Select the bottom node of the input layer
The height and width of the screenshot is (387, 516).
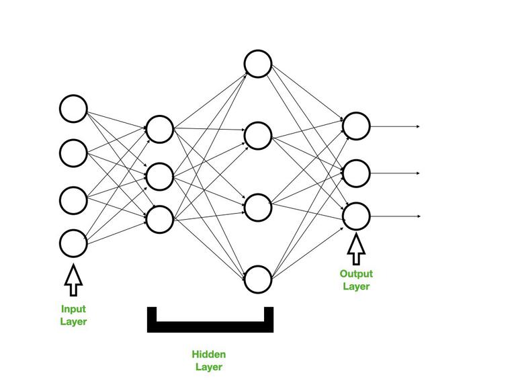tap(73, 244)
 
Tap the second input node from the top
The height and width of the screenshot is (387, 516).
tap(73, 153)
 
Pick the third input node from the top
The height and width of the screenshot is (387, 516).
tap(73, 200)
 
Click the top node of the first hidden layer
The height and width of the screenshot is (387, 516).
tap(160, 129)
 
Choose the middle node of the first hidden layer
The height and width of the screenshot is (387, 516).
tap(160, 176)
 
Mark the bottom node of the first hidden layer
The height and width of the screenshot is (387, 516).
tap(160, 219)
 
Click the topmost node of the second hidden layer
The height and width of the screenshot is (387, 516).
tap(257, 64)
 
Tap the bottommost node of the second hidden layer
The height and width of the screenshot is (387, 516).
tap(257, 279)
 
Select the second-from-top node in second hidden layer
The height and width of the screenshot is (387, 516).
tap(257, 136)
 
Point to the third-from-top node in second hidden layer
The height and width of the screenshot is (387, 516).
tap(257, 207)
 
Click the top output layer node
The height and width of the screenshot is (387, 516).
tap(357, 125)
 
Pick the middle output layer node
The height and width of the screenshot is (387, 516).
tap(357, 173)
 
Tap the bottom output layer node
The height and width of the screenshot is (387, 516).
tap(357, 216)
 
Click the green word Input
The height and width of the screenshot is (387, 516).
tap(73, 309)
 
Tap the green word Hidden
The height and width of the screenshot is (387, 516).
tap(209, 354)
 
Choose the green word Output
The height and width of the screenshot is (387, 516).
tap(356, 274)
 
